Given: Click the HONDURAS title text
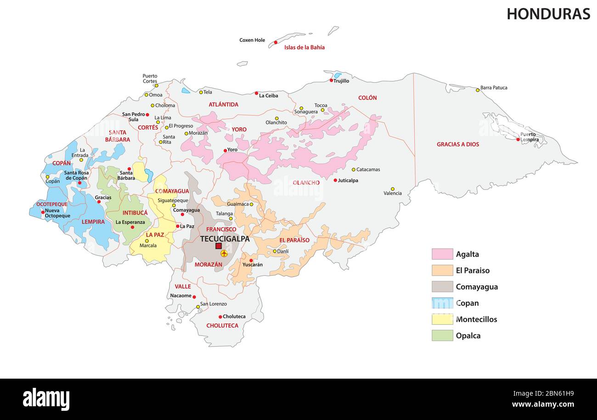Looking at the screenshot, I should click(548, 14).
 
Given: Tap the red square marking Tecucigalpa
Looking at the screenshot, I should click(219, 246).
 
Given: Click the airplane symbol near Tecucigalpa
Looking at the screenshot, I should click(224, 254).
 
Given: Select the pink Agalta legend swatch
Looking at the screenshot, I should click(442, 254).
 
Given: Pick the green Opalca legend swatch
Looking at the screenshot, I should click(442, 335).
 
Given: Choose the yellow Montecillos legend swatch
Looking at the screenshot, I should click(442, 319).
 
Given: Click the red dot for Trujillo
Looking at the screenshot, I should click(331, 80).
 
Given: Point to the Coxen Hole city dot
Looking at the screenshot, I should click(276, 42).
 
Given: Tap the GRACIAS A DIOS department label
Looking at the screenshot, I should click(457, 144).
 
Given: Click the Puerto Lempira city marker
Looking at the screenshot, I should click(518, 139).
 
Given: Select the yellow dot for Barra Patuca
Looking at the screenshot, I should click(478, 90).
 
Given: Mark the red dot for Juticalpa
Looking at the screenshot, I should click(335, 180).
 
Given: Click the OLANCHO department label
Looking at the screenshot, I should click(306, 183).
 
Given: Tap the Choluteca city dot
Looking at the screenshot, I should click(220, 317).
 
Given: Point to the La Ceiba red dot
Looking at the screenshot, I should click(256, 93).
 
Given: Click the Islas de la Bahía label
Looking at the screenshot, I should click(304, 47).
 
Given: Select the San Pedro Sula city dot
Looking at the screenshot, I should click(147, 114).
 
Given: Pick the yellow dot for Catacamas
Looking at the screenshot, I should click(354, 170).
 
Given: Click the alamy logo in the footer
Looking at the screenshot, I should click(46, 399).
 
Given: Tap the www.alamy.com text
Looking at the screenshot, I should click(542, 404).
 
